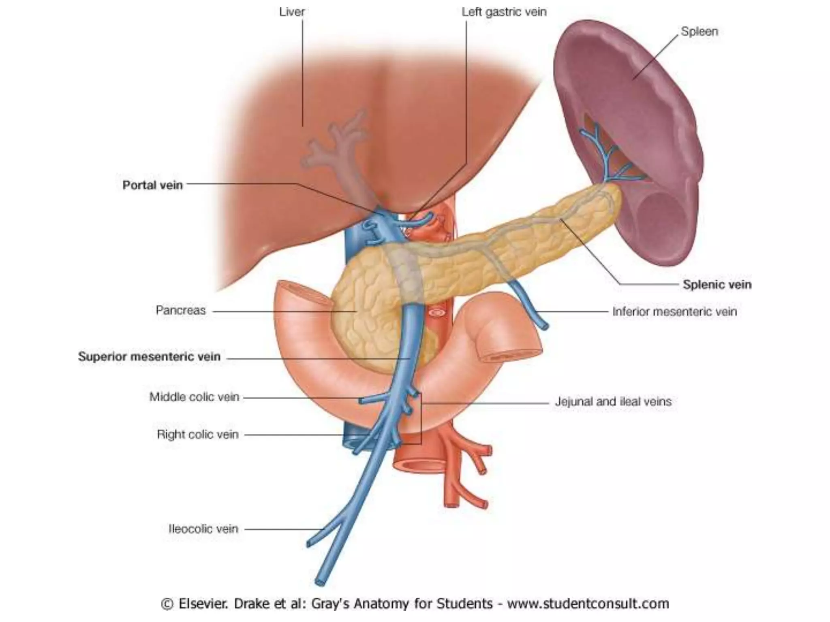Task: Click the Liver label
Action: click(292, 12)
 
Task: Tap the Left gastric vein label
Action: click(504, 12)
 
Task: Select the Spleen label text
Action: click(699, 32)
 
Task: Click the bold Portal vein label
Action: click(152, 185)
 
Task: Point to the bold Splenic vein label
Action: click(717, 285)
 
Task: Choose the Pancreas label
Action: click(181, 311)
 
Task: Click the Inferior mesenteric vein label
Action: click(674, 311)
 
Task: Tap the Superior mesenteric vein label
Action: click(149, 357)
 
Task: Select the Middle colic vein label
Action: click(194, 397)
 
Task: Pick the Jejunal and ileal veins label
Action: click(613, 402)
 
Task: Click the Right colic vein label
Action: click(197, 435)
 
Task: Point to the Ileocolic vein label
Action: click(203, 529)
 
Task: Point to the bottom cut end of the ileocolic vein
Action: click(320, 582)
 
